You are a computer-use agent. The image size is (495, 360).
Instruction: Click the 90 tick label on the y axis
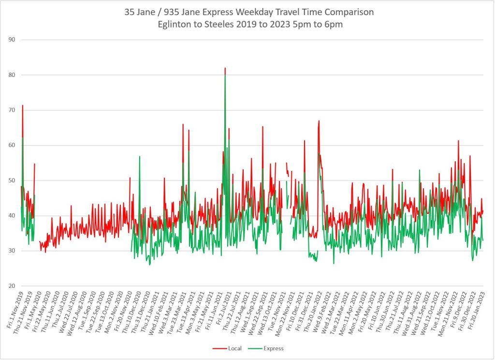click(11, 40)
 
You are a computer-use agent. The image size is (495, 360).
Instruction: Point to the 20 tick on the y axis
click(11, 286)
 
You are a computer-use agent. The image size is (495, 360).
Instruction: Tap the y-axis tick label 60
click(11, 145)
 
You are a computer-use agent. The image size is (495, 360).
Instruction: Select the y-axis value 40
click(11, 216)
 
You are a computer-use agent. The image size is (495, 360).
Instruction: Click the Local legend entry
click(233, 348)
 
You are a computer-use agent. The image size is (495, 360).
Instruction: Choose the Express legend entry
click(273, 348)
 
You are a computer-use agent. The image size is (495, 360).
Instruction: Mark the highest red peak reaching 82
click(225, 68)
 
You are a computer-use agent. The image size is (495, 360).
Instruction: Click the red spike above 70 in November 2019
click(22, 105)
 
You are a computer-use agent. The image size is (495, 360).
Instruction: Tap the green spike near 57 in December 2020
click(139, 157)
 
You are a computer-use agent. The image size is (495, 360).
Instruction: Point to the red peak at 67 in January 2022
click(319, 121)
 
